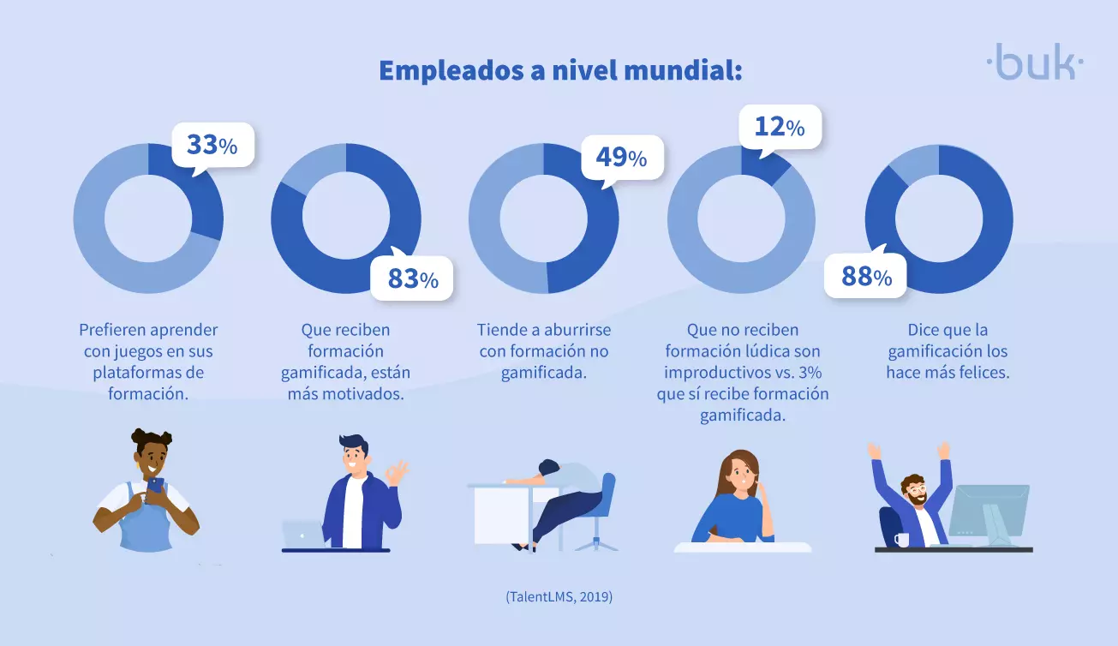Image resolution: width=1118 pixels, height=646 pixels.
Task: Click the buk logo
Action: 1035,62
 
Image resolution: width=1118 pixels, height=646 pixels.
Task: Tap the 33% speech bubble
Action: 212,146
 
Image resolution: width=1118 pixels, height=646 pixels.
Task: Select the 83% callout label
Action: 412,279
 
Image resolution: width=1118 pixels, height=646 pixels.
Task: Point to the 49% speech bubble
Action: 622,158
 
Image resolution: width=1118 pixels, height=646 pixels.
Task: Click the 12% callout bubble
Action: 780,128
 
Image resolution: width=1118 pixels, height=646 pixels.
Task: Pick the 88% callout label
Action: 865,277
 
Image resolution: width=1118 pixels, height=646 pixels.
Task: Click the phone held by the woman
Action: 155,487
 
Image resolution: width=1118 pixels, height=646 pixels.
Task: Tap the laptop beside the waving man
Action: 302,533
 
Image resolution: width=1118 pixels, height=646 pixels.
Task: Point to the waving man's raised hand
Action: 397,472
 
